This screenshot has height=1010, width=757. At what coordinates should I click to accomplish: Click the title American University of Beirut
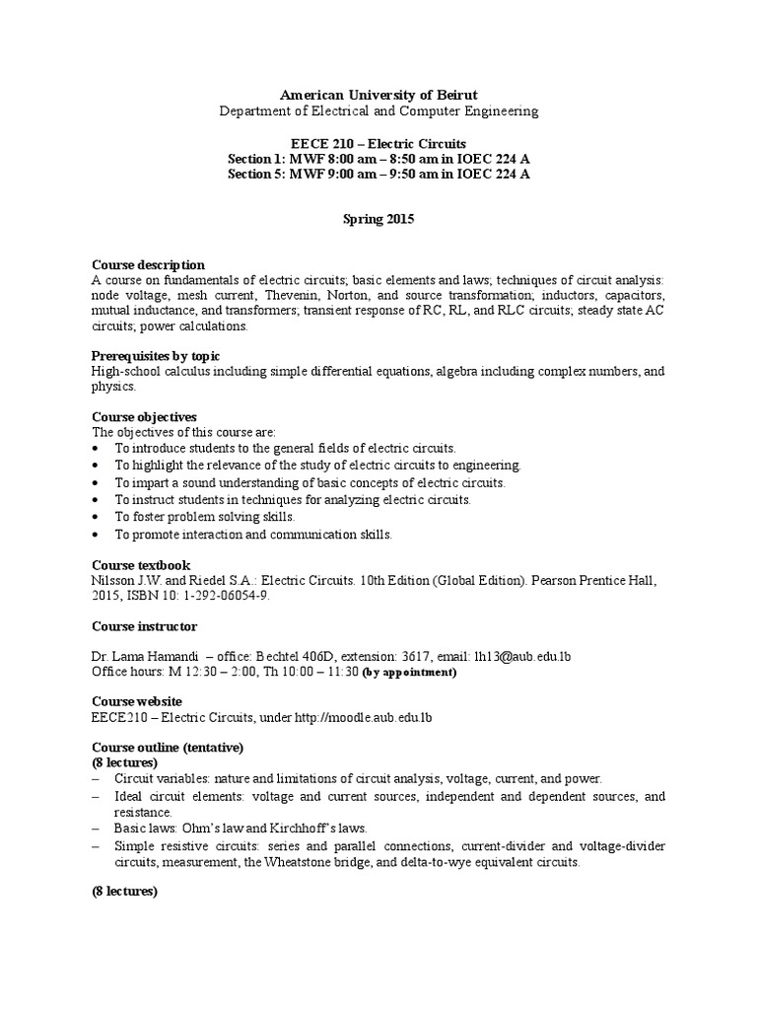tap(378, 94)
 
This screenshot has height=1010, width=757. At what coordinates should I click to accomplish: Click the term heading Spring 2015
tap(378, 220)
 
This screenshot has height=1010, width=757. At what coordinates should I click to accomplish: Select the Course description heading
tap(148, 264)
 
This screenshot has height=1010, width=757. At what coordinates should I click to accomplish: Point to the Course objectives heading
tap(146, 416)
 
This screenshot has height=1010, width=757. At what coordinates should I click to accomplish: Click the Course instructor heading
tap(144, 626)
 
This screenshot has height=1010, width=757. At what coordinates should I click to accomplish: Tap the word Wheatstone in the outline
tap(306, 861)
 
